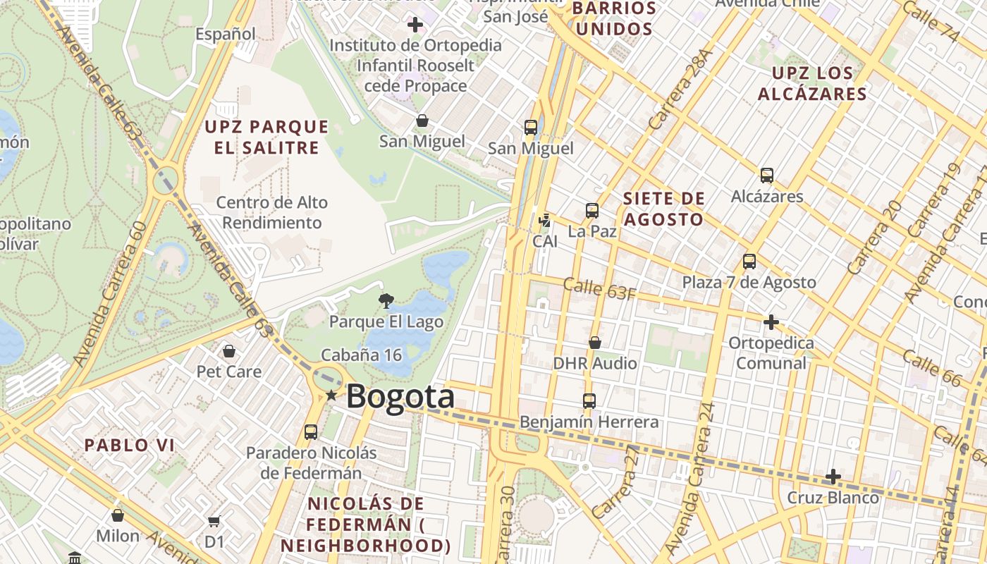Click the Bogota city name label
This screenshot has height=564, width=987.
click(x=400, y=396)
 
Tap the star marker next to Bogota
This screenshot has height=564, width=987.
click(x=331, y=396)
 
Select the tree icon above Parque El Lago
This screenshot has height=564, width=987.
click(x=386, y=302)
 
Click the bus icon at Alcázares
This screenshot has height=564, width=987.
click(x=766, y=176)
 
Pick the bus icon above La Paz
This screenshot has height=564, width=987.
click(x=592, y=211)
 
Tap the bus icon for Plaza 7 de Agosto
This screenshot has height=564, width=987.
click(x=749, y=262)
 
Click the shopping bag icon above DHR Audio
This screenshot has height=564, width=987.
click(x=595, y=343)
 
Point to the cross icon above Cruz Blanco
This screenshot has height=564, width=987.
click(x=833, y=477)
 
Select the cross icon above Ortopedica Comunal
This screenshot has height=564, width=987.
click(x=771, y=322)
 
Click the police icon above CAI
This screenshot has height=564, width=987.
click(x=544, y=221)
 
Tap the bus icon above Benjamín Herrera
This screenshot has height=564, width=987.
click(x=589, y=401)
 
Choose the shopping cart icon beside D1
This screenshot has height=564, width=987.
click(x=214, y=522)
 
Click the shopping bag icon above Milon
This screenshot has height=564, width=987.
click(x=118, y=515)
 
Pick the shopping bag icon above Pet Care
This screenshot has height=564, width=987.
click(x=229, y=350)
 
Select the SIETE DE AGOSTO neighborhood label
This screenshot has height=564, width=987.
click(x=663, y=209)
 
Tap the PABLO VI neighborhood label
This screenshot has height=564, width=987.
click(x=129, y=445)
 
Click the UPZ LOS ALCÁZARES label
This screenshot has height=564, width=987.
click(x=812, y=83)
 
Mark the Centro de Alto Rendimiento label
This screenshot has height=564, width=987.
click(x=272, y=212)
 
